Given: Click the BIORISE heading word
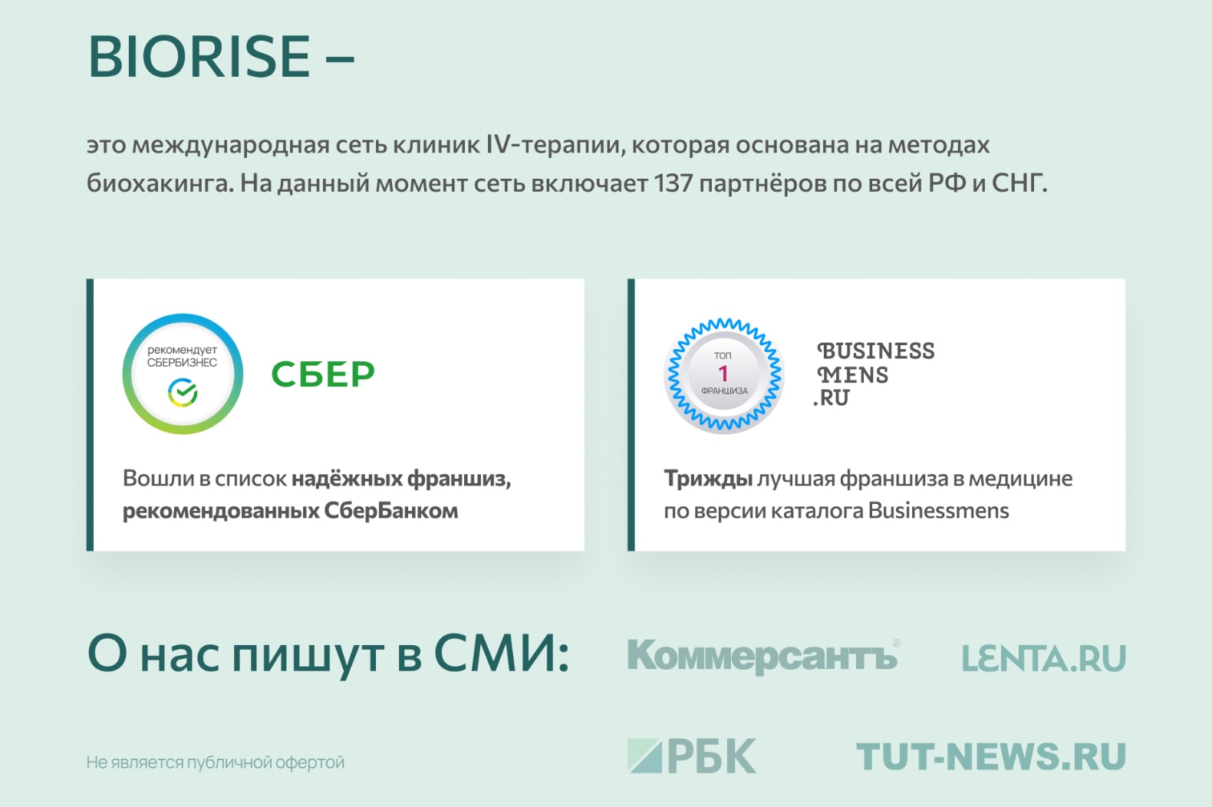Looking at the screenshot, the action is (199, 57).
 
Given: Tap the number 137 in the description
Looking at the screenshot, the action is (673, 183).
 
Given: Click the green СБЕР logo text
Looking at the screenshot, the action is (323, 374).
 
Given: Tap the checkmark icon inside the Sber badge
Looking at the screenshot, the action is (183, 392).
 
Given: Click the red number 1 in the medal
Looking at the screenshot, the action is (723, 374).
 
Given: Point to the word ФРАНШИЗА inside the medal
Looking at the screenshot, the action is (724, 390).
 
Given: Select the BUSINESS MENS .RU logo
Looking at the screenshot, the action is (874, 374).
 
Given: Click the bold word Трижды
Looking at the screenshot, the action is (708, 479).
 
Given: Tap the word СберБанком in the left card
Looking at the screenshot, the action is (391, 510).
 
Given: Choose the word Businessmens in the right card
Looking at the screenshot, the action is (939, 510).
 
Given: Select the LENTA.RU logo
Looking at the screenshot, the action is (1044, 658).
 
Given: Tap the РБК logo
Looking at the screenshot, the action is (691, 756).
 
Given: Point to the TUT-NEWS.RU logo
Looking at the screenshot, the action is (991, 756).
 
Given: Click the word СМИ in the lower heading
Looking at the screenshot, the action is (502, 654).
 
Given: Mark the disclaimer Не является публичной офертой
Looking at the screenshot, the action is (216, 763).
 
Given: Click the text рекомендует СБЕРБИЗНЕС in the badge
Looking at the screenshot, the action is (183, 356).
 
